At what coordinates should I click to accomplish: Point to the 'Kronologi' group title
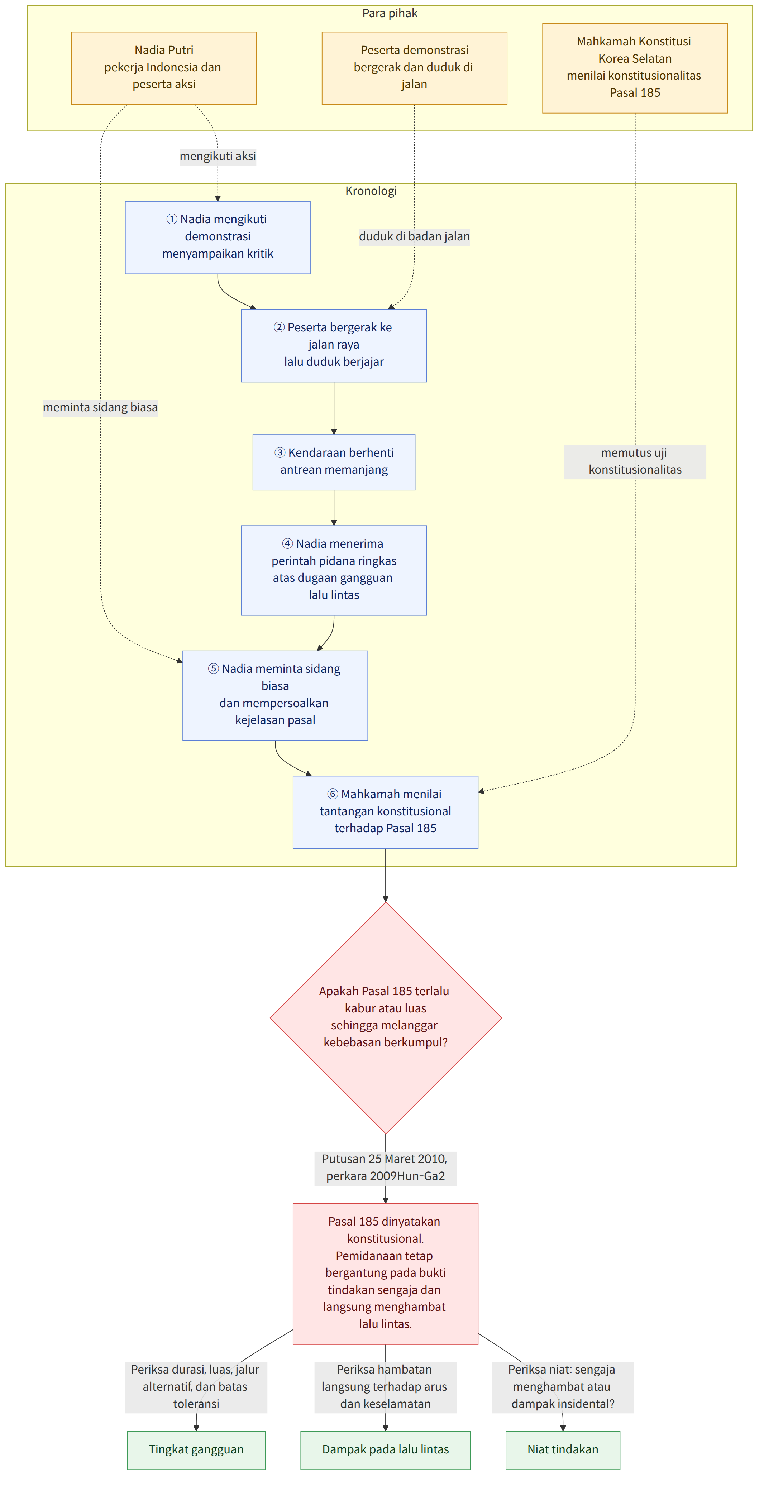[x=371, y=191]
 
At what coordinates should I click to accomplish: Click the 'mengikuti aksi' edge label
[x=218, y=156]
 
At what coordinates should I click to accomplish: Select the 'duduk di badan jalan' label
[x=414, y=236]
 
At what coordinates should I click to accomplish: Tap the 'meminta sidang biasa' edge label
[x=100, y=407]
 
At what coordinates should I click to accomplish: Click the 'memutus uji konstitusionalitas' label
[x=635, y=461]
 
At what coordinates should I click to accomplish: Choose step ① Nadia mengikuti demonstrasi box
[x=218, y=237]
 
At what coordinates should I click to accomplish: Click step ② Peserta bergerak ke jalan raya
[x=334, y=346]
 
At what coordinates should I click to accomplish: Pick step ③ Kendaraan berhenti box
[x=334, y=462]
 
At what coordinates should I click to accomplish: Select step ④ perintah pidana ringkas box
[x=334, y=570]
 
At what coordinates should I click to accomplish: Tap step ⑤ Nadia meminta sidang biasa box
[x=275, y=695]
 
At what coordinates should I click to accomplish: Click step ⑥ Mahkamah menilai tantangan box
[x=386, y=812]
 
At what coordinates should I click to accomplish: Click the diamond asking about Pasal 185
[x=386, y=1017]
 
